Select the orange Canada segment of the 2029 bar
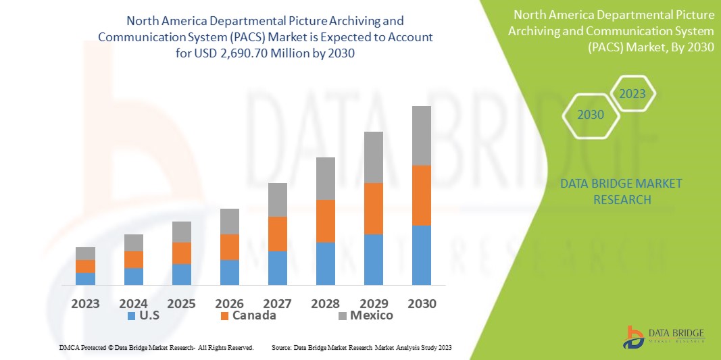(374, 208)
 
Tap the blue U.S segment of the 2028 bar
(326, 263)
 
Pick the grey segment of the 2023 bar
(85, 253)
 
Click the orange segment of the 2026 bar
(230, 247)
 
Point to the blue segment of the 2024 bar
(134, 276)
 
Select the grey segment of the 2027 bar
(278, 199)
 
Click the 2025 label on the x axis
(182, 303)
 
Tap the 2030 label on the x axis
(422, 303)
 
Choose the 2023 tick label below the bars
(85, 303)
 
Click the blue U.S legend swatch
(130, 316)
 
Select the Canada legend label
(254, 315)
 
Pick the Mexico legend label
(371, 315)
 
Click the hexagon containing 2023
(632, 94)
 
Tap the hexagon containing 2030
(591, 115)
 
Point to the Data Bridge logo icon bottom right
(633, 337)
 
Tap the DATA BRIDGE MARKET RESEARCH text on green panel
(622, 192)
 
